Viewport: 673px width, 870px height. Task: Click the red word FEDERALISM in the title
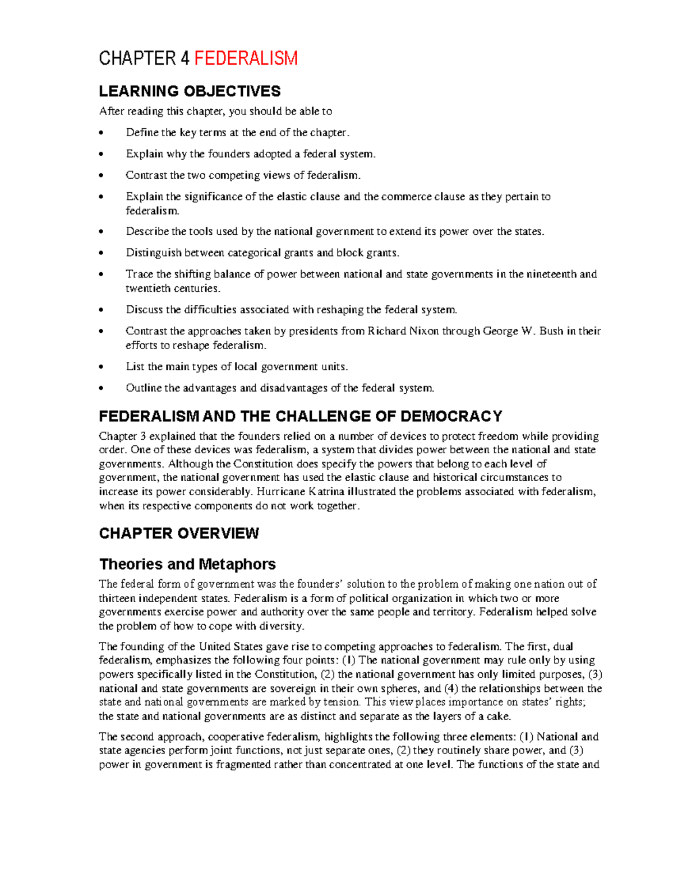(246, 58)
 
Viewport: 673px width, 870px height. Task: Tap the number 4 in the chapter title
(185, 58)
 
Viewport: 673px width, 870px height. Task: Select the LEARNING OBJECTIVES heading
(190, 91)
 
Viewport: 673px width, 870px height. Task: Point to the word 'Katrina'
(326, 492)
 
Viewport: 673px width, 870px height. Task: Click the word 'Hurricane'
(281, 492)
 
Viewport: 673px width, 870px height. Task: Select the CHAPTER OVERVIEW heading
(179, 533)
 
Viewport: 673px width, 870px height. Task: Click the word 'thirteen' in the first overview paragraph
(117, 598)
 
